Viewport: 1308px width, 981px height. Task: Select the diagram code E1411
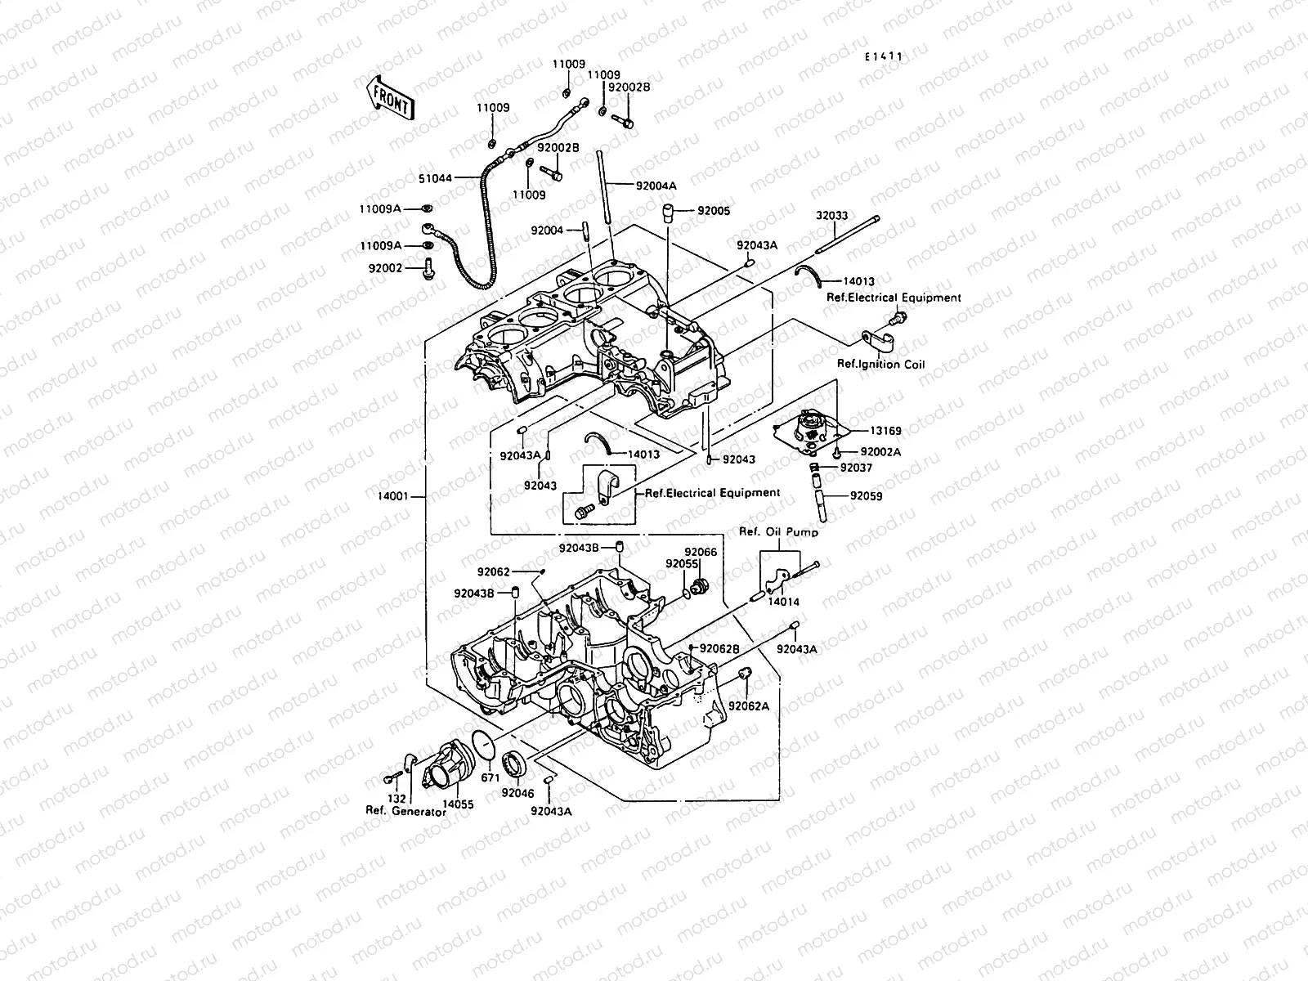point(885,56)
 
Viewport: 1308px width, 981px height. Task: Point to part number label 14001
point(395,495)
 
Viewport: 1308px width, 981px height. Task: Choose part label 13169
point(886,428)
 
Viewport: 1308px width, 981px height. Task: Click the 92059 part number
point(866,495)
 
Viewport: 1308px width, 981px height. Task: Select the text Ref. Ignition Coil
point(880,365)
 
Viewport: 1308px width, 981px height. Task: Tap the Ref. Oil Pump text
point(779,532)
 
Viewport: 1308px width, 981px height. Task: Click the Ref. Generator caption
point(405,812)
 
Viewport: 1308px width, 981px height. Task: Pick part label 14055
point(458,804)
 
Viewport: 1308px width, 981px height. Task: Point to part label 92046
point(517,792)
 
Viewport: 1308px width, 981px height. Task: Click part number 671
point(490,777)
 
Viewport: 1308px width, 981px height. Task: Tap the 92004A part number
point(657,185)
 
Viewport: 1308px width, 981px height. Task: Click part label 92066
point(701,552)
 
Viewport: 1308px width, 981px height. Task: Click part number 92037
point(857,468)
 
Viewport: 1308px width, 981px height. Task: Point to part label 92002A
point(880,451)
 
